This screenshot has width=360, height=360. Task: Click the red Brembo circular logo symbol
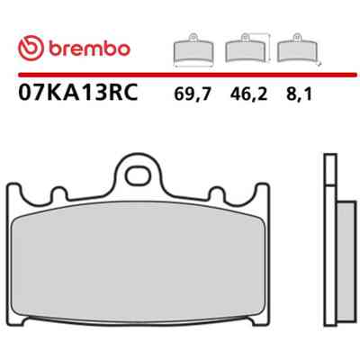click(31, 49)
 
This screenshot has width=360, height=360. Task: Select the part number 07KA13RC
click(78, 92)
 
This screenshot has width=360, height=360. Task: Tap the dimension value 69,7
click(193, 94)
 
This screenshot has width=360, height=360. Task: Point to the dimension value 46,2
click(248, 94)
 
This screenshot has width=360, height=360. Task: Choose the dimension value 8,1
click(300, 94)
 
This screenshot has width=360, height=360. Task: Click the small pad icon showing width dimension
click(193, 49)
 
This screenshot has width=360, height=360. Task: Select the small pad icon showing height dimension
click(247, 48)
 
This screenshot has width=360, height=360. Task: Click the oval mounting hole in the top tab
click(138, 176)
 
